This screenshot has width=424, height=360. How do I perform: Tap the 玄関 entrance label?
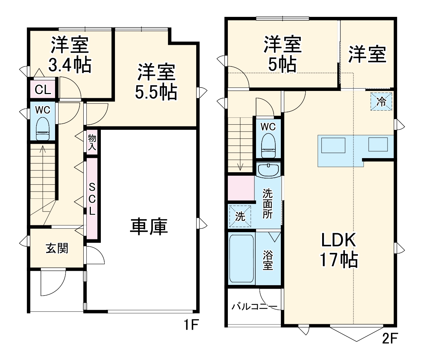pyautogui.click(x=57, y=248)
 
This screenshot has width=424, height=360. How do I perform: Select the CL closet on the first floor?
pyautogui.click(x=43, y=90)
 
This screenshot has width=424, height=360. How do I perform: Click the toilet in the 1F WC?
pyautogui.click(x=43, y=129)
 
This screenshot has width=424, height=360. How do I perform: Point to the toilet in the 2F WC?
pyautogui.click(x=268, y=145)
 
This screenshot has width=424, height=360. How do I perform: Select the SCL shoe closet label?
pyautogui.click(x=92, y=199)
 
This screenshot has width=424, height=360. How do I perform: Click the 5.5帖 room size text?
pyautogui.click(x=156, y=92)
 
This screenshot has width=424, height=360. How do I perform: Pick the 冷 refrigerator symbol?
pyautogui.click(x=381, y=101)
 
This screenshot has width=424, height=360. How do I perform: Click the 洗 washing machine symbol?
pyautogui.click(x=240, y=216)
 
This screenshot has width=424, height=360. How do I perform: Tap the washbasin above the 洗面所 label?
pyautogui.click(x=268, y=170)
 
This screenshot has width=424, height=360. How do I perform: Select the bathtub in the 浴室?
pyautogui.click(x=241, y=258)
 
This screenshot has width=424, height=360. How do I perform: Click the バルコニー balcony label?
pyautogui.click(x=254, y=306)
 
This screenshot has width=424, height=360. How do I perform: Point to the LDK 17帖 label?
pyautogui.click(x=339, y=250)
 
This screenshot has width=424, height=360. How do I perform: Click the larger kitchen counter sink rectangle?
pyautogui.click(x=333, y=145)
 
